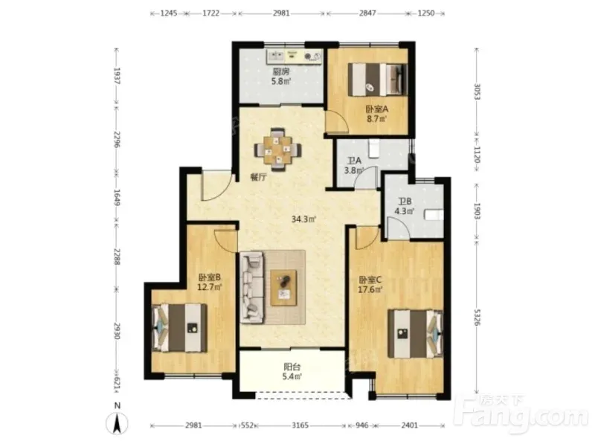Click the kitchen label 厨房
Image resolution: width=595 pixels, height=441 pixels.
(281, 71)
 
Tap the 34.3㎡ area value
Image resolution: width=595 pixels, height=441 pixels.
(304, 219)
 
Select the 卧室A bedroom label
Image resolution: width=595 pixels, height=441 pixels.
(377, 109)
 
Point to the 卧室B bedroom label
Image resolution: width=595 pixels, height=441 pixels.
(210, 278)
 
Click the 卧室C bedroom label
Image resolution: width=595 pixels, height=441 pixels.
(370, 280)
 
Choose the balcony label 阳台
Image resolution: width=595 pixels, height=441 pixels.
(292, 367)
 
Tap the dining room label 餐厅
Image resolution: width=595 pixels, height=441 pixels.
(258, 177)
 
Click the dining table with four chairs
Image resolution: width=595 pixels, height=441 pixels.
(278, 150)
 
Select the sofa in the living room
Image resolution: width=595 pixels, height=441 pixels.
(251, 288)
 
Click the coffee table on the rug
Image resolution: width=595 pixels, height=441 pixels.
(283, 287)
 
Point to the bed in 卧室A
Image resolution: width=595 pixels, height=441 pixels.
(378, 80)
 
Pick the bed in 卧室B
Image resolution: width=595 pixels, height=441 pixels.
(179, 328)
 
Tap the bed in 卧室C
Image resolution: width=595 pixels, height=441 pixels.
(416, 334)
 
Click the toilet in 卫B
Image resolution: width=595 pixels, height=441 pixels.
(434, 215)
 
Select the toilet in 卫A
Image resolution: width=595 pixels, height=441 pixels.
(374, 149)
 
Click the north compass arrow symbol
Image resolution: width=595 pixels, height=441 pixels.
(117, 423)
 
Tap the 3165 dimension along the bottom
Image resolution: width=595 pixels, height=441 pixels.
(300, 425)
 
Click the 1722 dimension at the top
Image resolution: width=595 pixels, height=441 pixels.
(211, 13)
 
